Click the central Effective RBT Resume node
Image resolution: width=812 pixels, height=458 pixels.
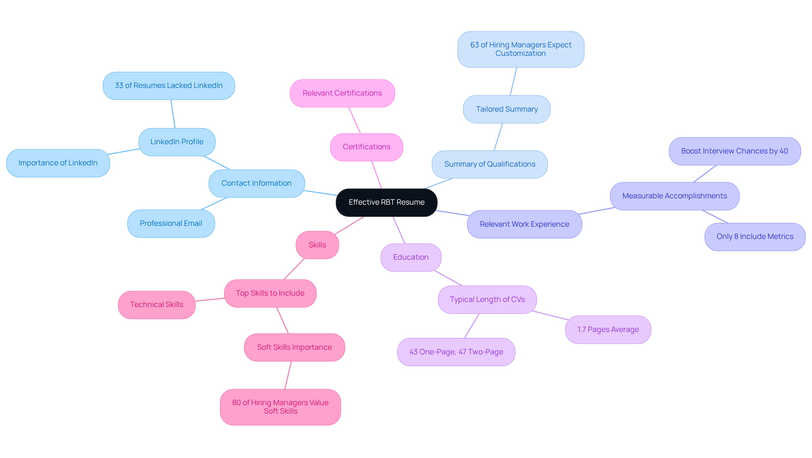(x=387, y=203)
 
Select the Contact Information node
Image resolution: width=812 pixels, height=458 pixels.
(x=256, y=184)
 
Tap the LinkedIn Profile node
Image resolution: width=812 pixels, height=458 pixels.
(x=177, y=142)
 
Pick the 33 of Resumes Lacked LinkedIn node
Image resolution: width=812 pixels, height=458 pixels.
(x=169, y=86)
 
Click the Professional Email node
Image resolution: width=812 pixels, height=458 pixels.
(x=171, y=224)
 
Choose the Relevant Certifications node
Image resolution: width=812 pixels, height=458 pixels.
(x=342, y=93)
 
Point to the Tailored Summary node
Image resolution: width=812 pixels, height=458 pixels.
(x=507, y=110)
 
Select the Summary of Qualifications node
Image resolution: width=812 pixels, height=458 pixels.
(x=489, y=165)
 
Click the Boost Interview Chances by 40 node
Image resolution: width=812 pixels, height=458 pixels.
(x=734, y=151)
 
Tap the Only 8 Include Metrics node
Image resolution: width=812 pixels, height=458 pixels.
(x=754, y=237)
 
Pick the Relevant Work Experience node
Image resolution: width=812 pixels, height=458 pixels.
(x=524, y=225)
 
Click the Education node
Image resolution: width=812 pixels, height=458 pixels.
(x=411, y=258)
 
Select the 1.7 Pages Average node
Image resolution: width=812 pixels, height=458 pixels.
(x=608, y=330)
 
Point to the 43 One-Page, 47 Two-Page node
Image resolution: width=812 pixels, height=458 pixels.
(x=456, y=352)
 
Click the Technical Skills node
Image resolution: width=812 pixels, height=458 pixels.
(x=156, y=305)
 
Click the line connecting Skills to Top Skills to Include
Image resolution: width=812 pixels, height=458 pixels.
(x=294, y=269)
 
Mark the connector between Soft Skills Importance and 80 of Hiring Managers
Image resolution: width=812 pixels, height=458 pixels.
(x=288, y=376)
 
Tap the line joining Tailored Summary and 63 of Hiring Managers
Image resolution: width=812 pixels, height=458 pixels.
(x=513, y=82)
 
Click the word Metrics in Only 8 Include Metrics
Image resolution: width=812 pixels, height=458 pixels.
(x=780, y=237)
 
